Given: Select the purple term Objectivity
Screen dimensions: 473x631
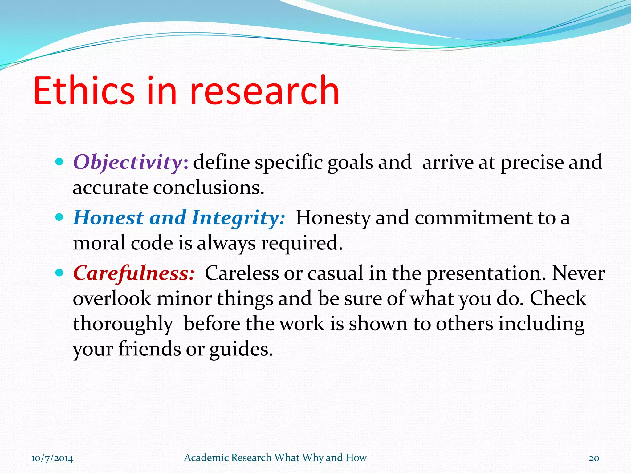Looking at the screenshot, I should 128,162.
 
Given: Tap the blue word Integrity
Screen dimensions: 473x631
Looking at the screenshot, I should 237,218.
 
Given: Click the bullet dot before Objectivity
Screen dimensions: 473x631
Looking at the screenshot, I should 59,161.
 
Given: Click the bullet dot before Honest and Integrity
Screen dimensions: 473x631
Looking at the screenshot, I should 59,217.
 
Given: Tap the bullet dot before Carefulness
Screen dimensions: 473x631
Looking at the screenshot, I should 59,273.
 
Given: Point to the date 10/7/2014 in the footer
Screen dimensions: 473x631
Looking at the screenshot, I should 52,458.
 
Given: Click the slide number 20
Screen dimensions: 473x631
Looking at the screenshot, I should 594,458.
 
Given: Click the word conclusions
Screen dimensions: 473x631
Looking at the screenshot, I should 208,188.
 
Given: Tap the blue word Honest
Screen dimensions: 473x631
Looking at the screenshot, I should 108,218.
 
